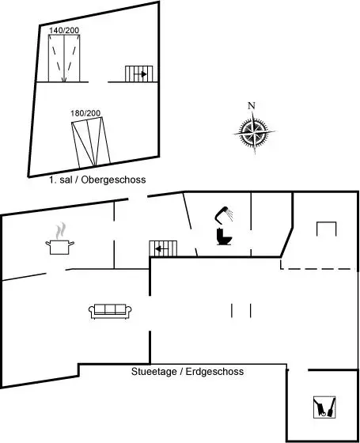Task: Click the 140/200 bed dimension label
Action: [x=64, y=30]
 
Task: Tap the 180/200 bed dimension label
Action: [x=85, y=113]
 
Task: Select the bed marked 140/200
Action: [x=64, y=59]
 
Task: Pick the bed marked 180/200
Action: [x=91, y=142]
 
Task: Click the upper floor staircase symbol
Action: [x=139, y=74]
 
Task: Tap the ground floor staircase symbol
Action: [x=163, y=248]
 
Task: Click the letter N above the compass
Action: [x=252, y=106]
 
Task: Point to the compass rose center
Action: [x=254, y=132]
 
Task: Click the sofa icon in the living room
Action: [x=110, y=312]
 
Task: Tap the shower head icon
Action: [x=224, y=214]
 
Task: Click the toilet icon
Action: [x=225, y=237]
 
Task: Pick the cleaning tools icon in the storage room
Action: [x=324, y=407]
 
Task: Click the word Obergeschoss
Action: [x=114, y=180]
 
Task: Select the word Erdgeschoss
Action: [x=214, y=371]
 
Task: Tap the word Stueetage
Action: [x=154, y=371]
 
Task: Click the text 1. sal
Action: [x=61, y=180]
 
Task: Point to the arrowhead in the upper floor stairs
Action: [x=144, y=74]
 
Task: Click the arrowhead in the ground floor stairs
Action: [x=158, y=249]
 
